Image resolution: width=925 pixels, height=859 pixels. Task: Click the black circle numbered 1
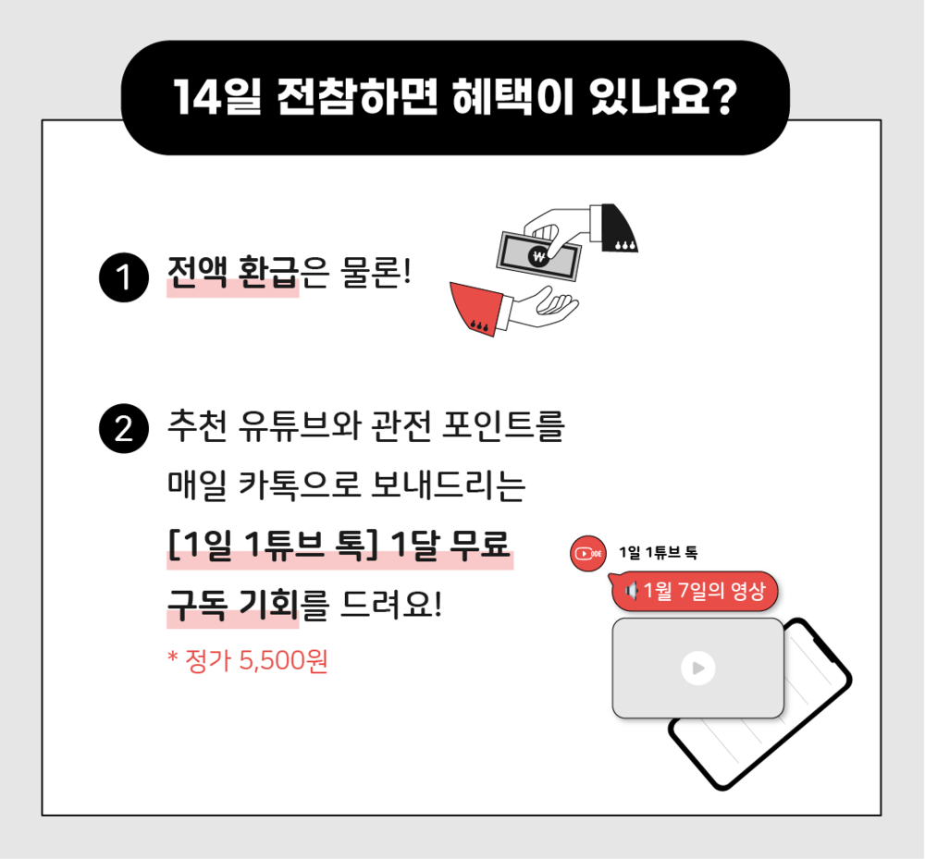[124, 277]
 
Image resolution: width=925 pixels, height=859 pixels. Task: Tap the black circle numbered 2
[124, 429]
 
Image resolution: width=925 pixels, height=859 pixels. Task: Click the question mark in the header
[722, 97]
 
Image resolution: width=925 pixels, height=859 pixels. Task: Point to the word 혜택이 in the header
[513, 97]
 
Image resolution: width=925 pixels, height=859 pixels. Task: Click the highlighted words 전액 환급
[232, 273]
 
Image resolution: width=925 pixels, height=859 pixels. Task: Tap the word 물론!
[376, 273]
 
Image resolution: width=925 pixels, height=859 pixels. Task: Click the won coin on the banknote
[538, 256]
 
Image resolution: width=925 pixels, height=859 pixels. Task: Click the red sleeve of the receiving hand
[476, 308]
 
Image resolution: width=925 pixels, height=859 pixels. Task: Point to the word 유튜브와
[299, 425]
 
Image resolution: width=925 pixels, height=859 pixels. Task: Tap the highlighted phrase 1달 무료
[450, 545]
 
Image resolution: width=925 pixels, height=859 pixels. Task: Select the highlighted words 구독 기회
[232, 605]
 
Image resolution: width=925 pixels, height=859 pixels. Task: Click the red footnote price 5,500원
[283, 661]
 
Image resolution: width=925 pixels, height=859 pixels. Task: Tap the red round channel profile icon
[588, 554]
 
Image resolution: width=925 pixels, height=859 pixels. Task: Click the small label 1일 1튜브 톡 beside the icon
[659, 552]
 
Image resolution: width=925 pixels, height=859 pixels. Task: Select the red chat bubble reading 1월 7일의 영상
[696, 591]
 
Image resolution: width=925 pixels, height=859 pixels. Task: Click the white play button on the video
[697, 668]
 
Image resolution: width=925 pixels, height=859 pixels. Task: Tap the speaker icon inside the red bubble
[631, 590]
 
